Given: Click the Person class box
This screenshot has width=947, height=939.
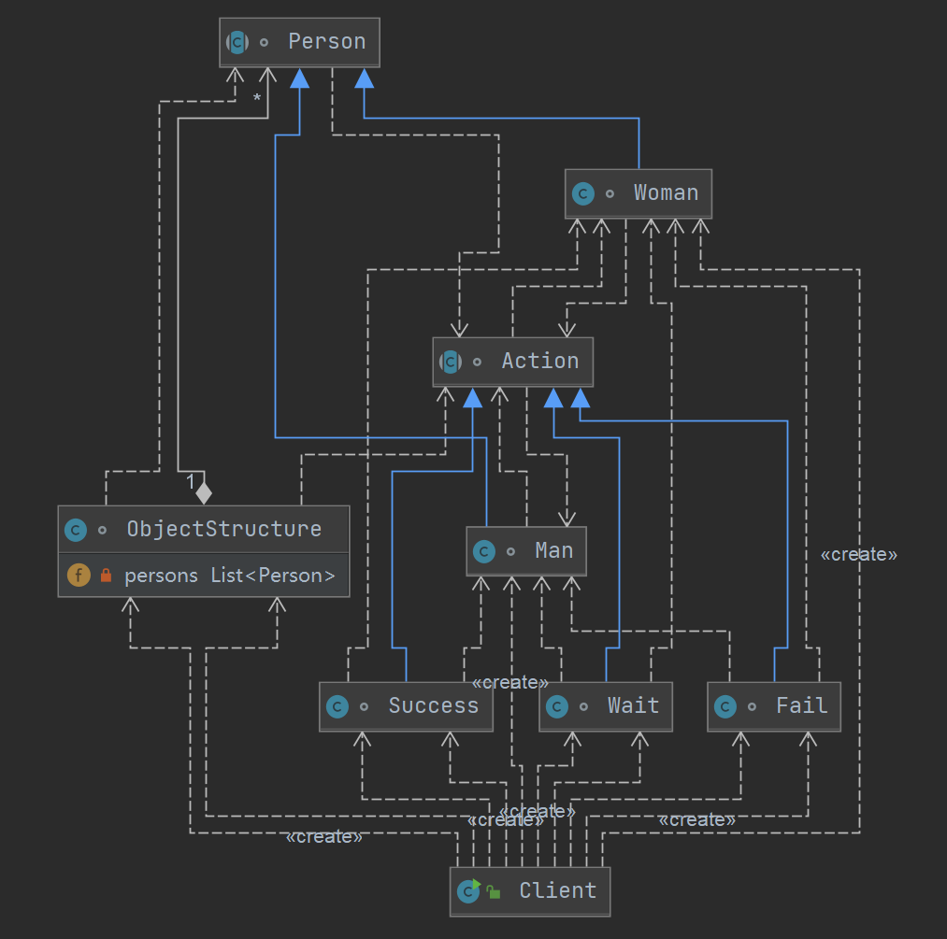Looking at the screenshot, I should click(300, 42).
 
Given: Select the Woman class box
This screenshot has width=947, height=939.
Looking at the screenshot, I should click(639, 193).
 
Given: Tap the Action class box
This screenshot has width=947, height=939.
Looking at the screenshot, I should click(512, 362).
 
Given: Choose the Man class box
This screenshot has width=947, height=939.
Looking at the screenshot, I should click(527, 551).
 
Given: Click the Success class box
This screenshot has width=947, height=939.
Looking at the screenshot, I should click(406, 706).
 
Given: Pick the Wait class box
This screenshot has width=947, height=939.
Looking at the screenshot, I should click(606, 706).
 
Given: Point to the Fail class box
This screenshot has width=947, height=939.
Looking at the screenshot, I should click(774, 706).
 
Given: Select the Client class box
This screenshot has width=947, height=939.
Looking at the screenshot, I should click(530, 891).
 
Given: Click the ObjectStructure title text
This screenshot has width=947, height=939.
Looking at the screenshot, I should click(223, 529).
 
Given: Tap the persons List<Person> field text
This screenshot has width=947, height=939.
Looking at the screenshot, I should click(229, 576).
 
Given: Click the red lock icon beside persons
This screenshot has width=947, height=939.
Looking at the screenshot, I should click(106, 576).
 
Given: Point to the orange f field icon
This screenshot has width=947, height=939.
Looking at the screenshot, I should click(79, 576).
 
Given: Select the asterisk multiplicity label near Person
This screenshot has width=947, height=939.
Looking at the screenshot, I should click(256, 99).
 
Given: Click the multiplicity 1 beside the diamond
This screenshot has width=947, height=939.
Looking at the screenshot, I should click(190, 482).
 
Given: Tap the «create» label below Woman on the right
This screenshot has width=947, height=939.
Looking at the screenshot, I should click(858, 555).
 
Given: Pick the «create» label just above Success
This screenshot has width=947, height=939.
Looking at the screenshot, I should click(509, 683).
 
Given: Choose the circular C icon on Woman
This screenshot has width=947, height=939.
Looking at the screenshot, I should click(583, 193).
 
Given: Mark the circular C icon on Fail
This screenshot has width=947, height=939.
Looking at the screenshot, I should click(725, 706).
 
